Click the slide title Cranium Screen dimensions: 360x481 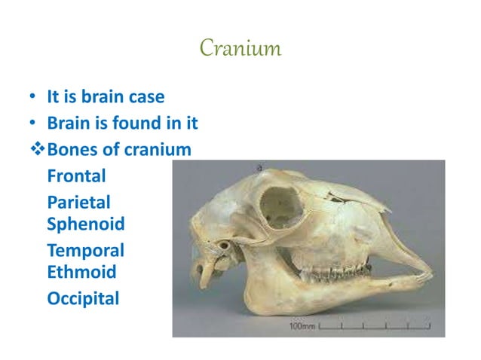240,50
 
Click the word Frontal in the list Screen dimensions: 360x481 76,176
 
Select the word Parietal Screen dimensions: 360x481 78,202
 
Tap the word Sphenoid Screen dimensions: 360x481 86,224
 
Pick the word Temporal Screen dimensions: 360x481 85,250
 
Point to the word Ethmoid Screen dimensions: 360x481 81,271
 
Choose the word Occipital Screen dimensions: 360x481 83,299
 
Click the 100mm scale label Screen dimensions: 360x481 302,328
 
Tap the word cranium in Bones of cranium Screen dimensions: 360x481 158,150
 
